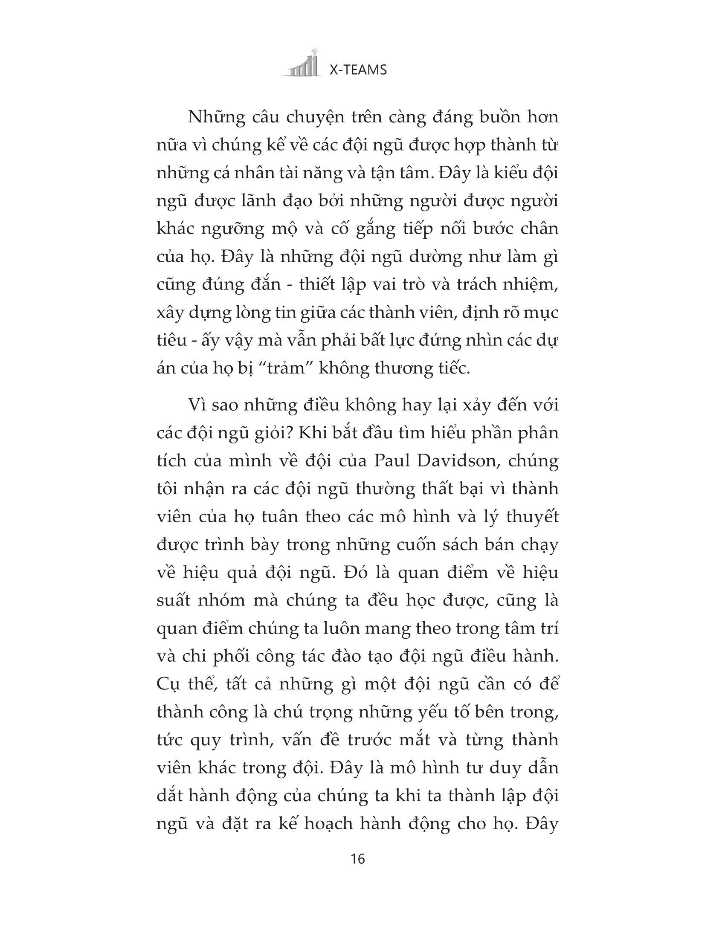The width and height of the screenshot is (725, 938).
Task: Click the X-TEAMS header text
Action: tap(358, 70)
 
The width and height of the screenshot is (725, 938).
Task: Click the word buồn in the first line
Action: tap(485, 117)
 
